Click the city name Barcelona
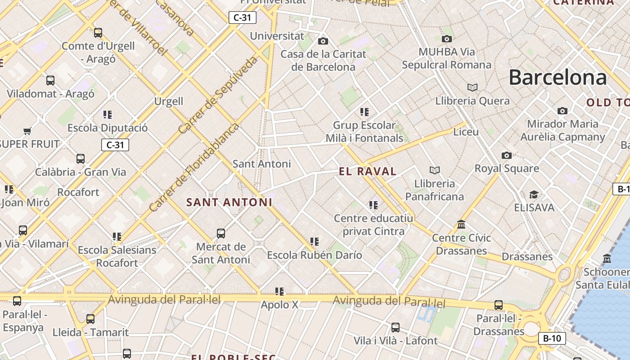point(558,78)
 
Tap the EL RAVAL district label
point(368,171)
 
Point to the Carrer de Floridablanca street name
point(194,167)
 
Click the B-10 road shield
point(552,338)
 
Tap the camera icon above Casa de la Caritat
point(323,41)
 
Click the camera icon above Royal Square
point(507,156)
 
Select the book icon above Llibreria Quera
point(472,87)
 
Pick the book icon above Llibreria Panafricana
point(434,170)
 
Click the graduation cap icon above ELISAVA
point(534,194)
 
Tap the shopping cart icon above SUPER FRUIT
point(27,131)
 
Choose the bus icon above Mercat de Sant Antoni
point(220,234)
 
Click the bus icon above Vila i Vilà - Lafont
point(395,328)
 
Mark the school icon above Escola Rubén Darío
point(314,242)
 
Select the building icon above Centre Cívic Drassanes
point(461,224)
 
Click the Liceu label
point(466,132)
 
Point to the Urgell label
point(169,101)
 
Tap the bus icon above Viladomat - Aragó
point(50,81)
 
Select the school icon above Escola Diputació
point(107,115)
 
